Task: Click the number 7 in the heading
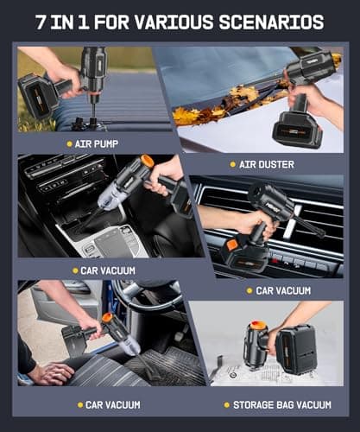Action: (41, 22)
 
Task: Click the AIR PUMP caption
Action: (98, 143)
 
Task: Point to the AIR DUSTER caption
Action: (263, 163)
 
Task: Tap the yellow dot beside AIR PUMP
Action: (69, 143)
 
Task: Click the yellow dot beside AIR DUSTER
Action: (231, 163)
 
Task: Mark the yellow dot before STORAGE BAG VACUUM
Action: (226, 403)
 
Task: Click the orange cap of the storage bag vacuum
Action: (256, 326)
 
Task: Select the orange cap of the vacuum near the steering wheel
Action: (107, 318)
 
